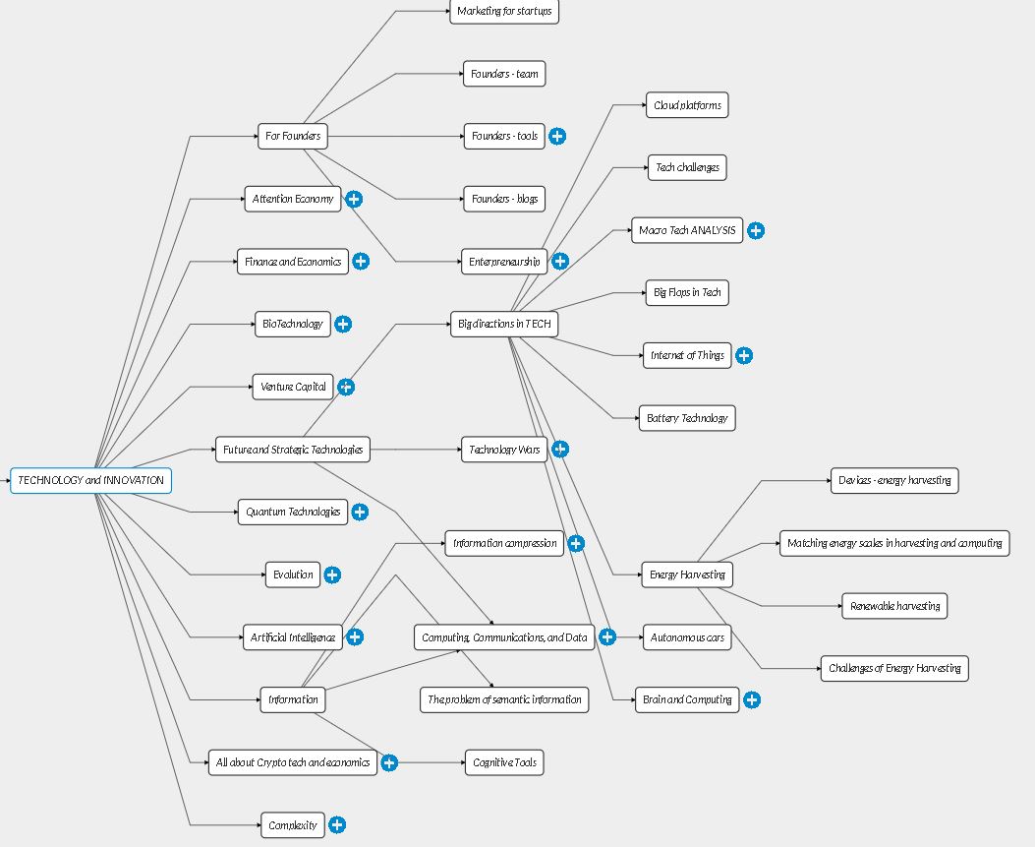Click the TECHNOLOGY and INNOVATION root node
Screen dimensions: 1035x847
coord(91,480)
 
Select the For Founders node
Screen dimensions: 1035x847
coord(292,136)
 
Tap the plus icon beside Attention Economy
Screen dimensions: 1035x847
coord(354,199)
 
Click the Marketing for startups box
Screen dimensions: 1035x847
coord(504,11)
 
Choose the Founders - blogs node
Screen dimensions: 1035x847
coord(504,199)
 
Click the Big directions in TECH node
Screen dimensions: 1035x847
coord(504,324)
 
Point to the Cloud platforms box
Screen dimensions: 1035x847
coord(687,105)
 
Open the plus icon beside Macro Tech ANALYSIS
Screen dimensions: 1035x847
coord(756,230)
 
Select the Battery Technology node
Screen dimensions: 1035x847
coord(687,418)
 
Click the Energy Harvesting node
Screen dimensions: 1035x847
coord(687,575)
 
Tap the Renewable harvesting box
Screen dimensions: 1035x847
coord(894,606)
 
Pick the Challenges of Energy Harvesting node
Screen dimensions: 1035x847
coord(894,669)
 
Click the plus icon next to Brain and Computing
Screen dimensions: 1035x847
coord(752,699)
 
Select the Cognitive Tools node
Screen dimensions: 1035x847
coord(504,762)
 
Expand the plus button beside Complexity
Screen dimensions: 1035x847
coord(337,824)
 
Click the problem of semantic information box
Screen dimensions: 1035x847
coord(504,699)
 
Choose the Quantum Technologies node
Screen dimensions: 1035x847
coord(292,512)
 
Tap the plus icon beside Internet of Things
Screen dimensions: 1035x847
coord(744,355)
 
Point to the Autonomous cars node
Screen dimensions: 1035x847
coord(687,637)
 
